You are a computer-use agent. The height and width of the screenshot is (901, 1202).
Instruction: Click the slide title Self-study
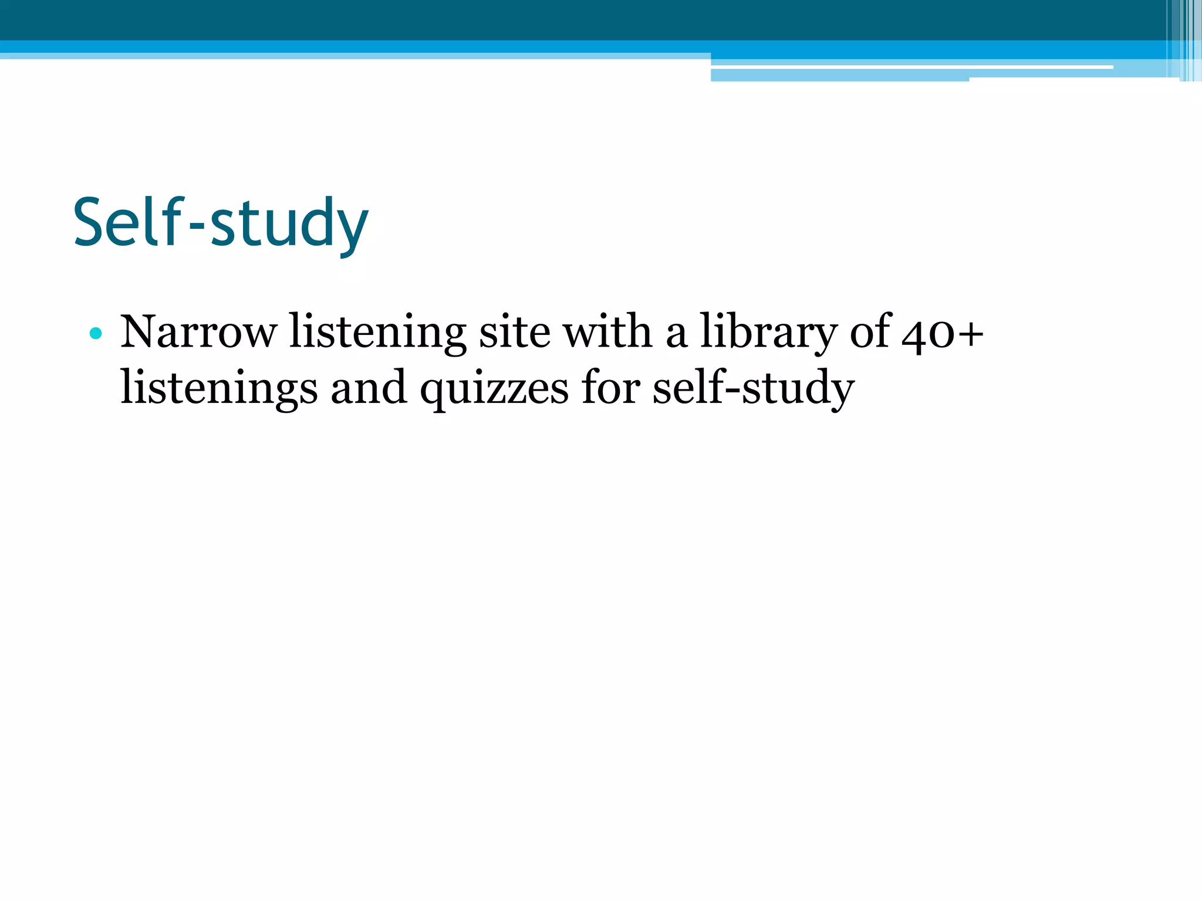[x=221, y=223]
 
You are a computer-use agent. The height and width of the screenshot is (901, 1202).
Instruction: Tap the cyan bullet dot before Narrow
[x=96, y=334]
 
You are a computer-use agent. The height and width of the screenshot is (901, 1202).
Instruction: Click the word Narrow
[x=198, y=332]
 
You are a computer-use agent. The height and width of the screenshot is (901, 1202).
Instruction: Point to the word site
[x=515, y=332]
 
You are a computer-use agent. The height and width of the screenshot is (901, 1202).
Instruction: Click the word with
[x=608, y=332]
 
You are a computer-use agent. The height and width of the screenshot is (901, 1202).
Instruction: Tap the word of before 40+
[x=871, y=332]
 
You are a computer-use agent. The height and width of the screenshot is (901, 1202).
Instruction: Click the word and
[x=369, y=388]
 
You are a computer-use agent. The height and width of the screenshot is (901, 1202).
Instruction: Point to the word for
[x=610, y=387]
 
